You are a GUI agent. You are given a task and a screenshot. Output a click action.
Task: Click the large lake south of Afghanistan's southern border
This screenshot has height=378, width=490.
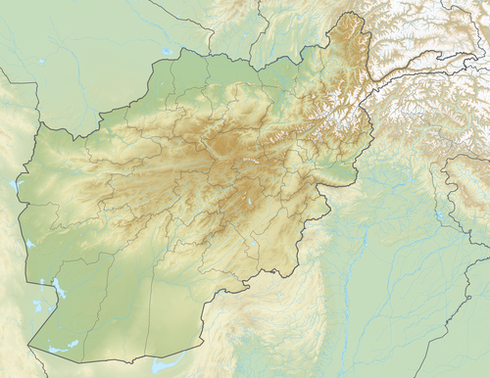167,365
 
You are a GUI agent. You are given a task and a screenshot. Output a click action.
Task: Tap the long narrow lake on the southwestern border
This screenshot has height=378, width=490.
59,289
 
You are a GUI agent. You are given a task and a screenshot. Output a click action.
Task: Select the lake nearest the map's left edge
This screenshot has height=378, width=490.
15,183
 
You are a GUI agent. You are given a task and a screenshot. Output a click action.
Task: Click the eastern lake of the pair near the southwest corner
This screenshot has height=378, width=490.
72,346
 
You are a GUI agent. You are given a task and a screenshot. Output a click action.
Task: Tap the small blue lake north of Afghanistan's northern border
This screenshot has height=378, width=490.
168,51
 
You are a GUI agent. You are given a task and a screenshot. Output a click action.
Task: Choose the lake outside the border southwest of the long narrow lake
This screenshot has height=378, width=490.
37,306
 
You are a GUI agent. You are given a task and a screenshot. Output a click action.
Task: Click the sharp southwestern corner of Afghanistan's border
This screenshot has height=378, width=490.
29,346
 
